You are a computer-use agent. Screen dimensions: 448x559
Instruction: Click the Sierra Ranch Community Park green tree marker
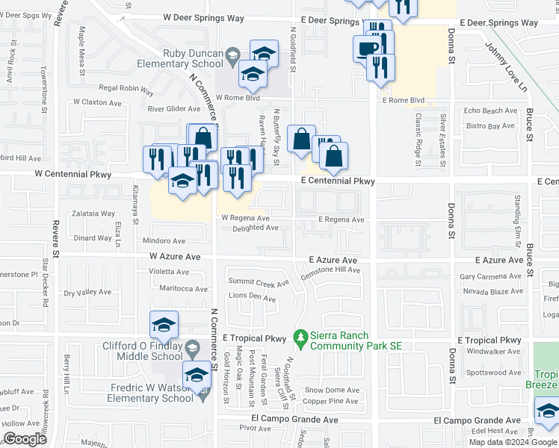[300, 338]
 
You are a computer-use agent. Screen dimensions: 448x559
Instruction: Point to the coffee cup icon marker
[366, 49]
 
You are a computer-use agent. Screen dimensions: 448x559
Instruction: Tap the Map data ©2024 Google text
[512, 442]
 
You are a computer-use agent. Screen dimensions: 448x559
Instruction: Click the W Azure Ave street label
[175, 256]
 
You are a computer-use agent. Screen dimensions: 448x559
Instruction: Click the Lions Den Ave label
[252, 297]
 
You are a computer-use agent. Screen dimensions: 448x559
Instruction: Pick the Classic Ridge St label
[419, 135]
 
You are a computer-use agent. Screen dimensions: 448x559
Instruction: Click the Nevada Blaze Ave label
[491, 291]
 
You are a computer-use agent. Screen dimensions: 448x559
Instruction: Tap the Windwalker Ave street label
[492, 351]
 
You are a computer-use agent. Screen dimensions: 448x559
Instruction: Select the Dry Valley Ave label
[87, 293]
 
